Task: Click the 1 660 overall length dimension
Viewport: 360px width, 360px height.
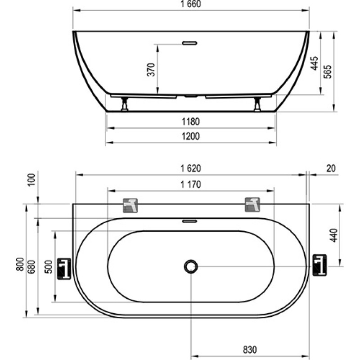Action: (x=190, y=4)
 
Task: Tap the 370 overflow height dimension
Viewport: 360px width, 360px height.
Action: (x=151, y=69)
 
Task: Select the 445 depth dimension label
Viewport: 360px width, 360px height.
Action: (x=314, y=63)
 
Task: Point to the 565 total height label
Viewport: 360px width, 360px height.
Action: (x=328, y=72)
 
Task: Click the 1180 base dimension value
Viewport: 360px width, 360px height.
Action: (x=190, y=121)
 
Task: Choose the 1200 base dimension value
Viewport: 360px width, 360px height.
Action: (x=190, y=136)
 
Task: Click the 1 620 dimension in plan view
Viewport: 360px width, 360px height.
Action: (x=190, y=168)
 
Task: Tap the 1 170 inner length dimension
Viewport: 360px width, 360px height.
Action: (x=190, y=184)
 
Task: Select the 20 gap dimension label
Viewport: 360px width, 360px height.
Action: (x=331, y=168)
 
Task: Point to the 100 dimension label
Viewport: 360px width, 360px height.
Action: (x=32, y=180)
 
